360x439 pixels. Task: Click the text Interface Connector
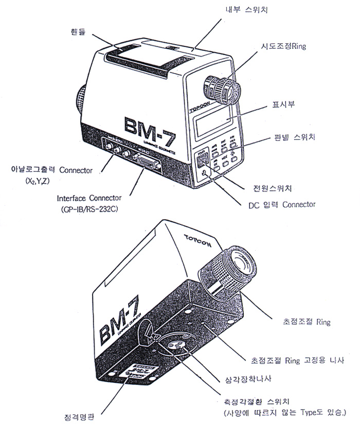pos(89,197)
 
